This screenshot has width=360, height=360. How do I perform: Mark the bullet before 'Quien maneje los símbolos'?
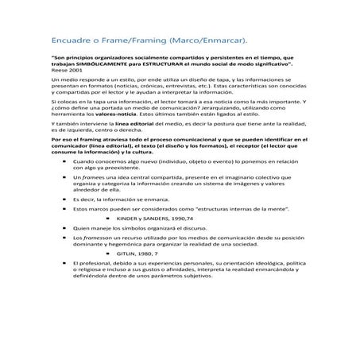pos(64,227)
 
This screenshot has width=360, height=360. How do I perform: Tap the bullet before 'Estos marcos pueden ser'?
pos(64,208)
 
